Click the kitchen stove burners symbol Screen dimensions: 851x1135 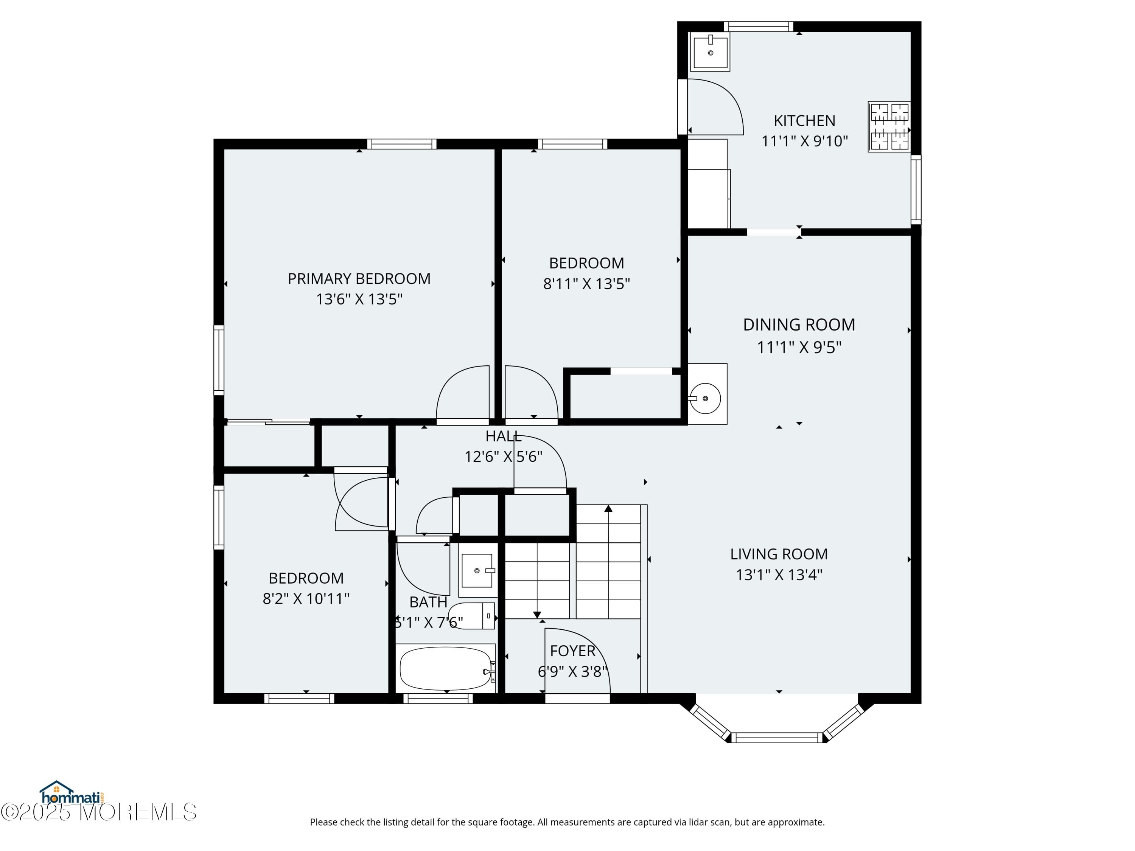889,126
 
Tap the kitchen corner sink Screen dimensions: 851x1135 710,52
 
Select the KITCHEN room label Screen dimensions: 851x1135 804,121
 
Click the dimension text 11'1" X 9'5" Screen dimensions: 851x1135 799,347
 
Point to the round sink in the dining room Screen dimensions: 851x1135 706,398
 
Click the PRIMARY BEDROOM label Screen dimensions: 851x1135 359,278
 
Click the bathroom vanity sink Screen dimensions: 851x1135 477,570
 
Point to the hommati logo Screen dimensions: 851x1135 72,793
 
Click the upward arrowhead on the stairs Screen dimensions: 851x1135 608,509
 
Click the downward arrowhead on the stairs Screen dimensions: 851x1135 537,615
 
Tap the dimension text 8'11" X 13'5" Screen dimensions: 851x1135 586,284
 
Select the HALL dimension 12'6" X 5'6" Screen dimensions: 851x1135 503,457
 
